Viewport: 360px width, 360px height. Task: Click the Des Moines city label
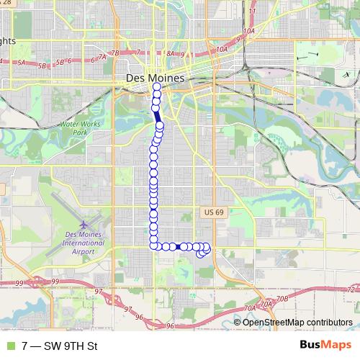tap(155, 78)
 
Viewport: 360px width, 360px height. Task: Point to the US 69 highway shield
tap(209, 212)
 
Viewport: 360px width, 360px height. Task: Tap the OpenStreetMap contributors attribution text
tap(297, 322)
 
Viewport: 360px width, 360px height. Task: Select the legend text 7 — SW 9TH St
tap(59, 346)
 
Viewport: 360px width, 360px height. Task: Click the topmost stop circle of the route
tap(157, 87)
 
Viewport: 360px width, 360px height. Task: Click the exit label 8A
tap(171, 53)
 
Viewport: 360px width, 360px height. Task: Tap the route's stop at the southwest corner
tap(154, 246)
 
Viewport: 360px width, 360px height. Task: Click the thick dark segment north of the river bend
tap(156, 115)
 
